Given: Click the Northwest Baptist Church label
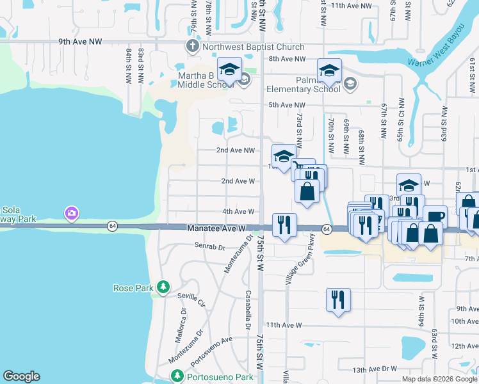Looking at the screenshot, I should click(252, 47).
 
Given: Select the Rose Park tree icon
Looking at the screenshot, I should click(163, 287).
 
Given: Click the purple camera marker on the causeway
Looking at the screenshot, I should click(71, 212).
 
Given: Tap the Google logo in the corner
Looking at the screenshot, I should click(21, 376).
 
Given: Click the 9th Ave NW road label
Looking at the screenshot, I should click(79, 42).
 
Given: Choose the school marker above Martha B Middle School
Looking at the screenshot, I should click(229, 70).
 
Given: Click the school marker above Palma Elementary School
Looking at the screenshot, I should click(329, 70).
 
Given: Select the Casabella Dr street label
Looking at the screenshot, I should click(247, 312).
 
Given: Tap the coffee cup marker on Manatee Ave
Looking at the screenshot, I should click(435, 217).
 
